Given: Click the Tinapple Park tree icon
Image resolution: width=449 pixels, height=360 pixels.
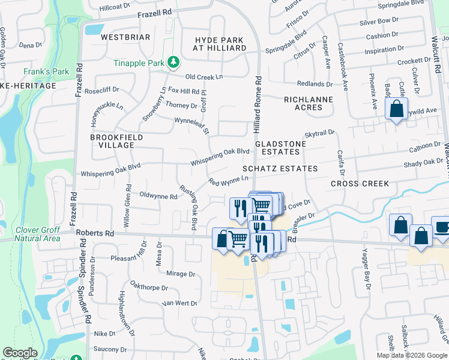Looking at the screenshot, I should pyautogui.click(x=173, y=62).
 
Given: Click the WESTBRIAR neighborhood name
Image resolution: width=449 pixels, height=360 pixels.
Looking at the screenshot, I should pyautogui.click(x=125, y=37).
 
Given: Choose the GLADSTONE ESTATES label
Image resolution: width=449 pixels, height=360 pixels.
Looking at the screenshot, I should pyautogui.click(x=280, y=148).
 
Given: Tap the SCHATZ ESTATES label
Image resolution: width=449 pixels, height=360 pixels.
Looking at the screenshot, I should pyautogui.click(x=280, y=169).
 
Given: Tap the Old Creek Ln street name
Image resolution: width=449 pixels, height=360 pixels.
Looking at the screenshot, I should pyautogui.click(x=203, y=77).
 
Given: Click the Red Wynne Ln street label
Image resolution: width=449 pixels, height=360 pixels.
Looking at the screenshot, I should pyautogui.click(x=228, y=181).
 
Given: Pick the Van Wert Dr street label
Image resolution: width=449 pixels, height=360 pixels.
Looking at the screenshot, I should pyautogui.click(x=179, y=304).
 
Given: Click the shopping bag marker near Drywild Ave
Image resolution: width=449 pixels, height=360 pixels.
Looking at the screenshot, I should pyautogui.click(x=396, y=110).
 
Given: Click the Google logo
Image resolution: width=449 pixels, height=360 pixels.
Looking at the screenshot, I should pyautogui.click(x=20, y=353).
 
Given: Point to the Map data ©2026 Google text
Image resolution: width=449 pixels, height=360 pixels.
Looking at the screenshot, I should pyautogui.click(x=412, y=355).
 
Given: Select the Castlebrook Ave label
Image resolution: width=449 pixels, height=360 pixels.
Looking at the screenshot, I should pyautogui.click(x=343, y=67).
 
